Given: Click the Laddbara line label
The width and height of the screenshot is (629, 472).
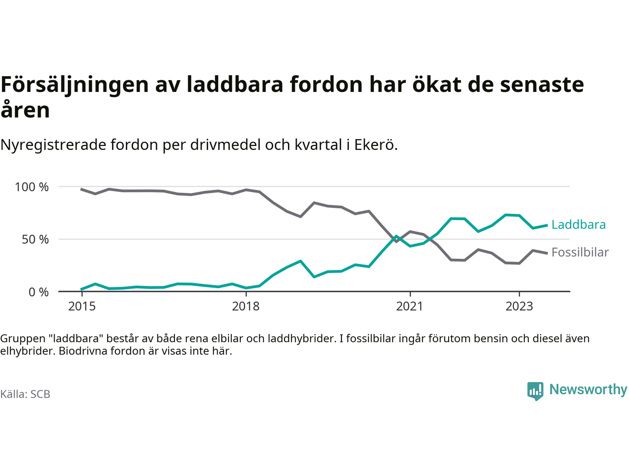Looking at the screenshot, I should click(x=578, y=225).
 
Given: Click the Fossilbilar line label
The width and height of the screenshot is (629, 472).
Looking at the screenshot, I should click(x=580, y=252).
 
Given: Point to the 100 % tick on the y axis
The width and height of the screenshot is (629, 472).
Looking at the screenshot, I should click(x=32, y=187).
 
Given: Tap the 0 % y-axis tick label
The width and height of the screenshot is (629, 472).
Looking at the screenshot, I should click(x=38, y=292).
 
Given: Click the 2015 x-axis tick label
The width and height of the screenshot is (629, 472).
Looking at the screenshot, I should click(x=82, y=306).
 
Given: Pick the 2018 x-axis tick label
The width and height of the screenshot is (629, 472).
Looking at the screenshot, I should click(x=246, y=306).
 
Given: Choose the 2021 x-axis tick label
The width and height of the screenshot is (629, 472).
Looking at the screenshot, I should click(x=409, y=306).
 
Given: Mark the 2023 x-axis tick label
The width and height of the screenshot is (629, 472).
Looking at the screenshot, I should click(x=519, y=306).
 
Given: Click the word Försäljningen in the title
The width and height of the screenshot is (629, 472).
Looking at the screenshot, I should click(x=75, y=85).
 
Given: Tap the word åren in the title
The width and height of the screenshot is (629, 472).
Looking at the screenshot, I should click(x=25, y=110).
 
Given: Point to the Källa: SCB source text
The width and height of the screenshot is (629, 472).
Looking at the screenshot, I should click(x=25, y=394).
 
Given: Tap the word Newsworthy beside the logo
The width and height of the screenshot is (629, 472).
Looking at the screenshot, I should click(x=588, y=389).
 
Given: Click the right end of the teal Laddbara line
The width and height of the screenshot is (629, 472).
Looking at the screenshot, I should click(x=546, y=225).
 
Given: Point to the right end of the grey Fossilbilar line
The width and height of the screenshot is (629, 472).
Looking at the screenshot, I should click(x=546, y=253).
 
